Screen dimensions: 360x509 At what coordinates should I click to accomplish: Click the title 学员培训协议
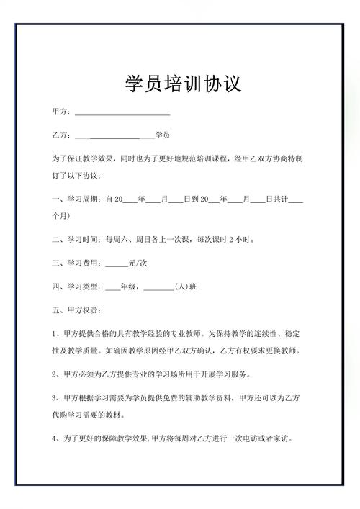pos(180,84)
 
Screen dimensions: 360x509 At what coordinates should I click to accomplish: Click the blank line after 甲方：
pos(122,114)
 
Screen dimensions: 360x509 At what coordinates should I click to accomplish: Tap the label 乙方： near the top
pos(62,135)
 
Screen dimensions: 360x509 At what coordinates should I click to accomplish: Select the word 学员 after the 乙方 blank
pos(162,135)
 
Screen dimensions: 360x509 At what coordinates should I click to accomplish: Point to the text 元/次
pos(138,264)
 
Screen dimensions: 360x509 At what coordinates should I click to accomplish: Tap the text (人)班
pos(186,287)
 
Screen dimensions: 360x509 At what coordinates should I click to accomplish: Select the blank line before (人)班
pos(158,288)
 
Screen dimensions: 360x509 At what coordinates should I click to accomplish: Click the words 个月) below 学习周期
pos(60,215)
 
